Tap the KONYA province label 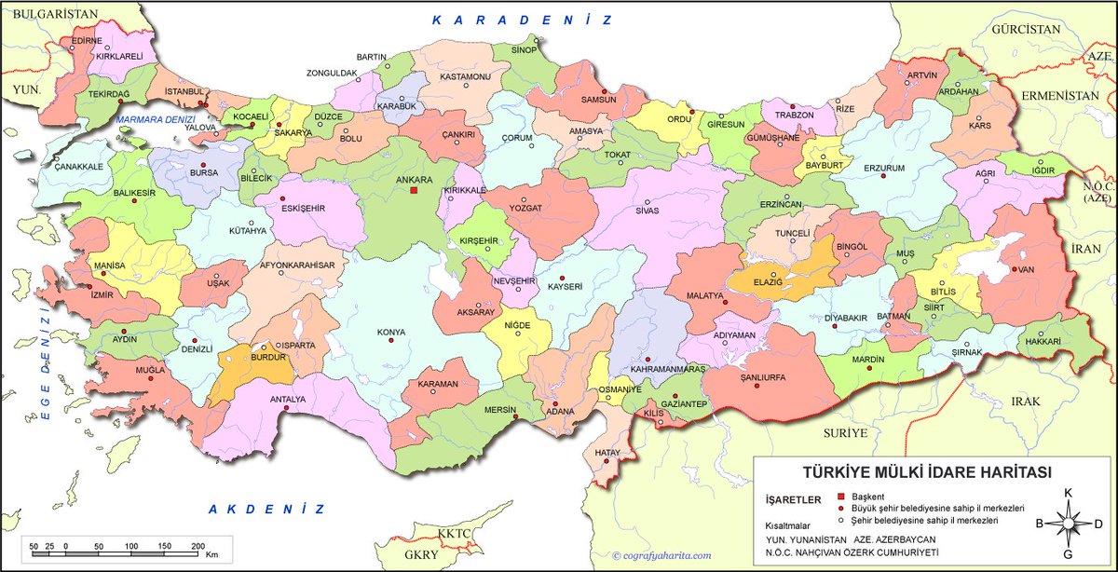390,332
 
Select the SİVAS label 648,211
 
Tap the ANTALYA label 287,400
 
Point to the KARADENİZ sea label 523,20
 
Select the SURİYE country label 845,433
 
